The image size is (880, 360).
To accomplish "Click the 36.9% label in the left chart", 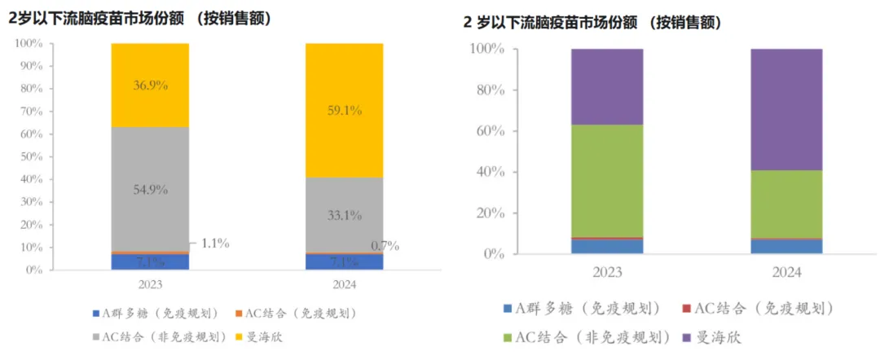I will point(150,86).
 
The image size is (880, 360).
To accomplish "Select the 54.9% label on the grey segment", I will point(150,189).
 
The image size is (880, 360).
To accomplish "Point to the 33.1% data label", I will point(344,216).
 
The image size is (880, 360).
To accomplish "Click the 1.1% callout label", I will point(215,243).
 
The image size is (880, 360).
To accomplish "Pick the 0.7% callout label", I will point(385,246).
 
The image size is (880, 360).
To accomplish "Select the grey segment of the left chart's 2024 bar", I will point(344,195).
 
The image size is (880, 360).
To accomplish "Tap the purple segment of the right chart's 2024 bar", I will point(786,106).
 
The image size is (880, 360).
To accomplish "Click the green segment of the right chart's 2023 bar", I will point(607,179).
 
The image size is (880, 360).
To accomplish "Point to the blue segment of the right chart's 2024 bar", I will point(786,246).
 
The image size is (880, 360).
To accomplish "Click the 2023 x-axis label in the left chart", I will point(150,283).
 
